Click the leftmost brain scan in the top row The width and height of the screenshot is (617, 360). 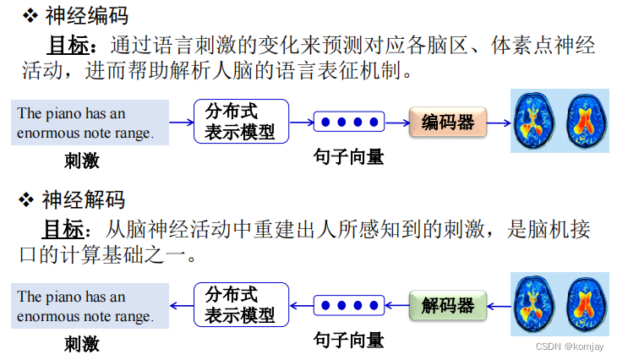point(535,123)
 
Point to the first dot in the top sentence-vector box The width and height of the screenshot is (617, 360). point(325,123)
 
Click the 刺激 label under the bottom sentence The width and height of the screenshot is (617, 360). point(81,343)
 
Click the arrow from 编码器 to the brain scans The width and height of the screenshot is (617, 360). point(498,123)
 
